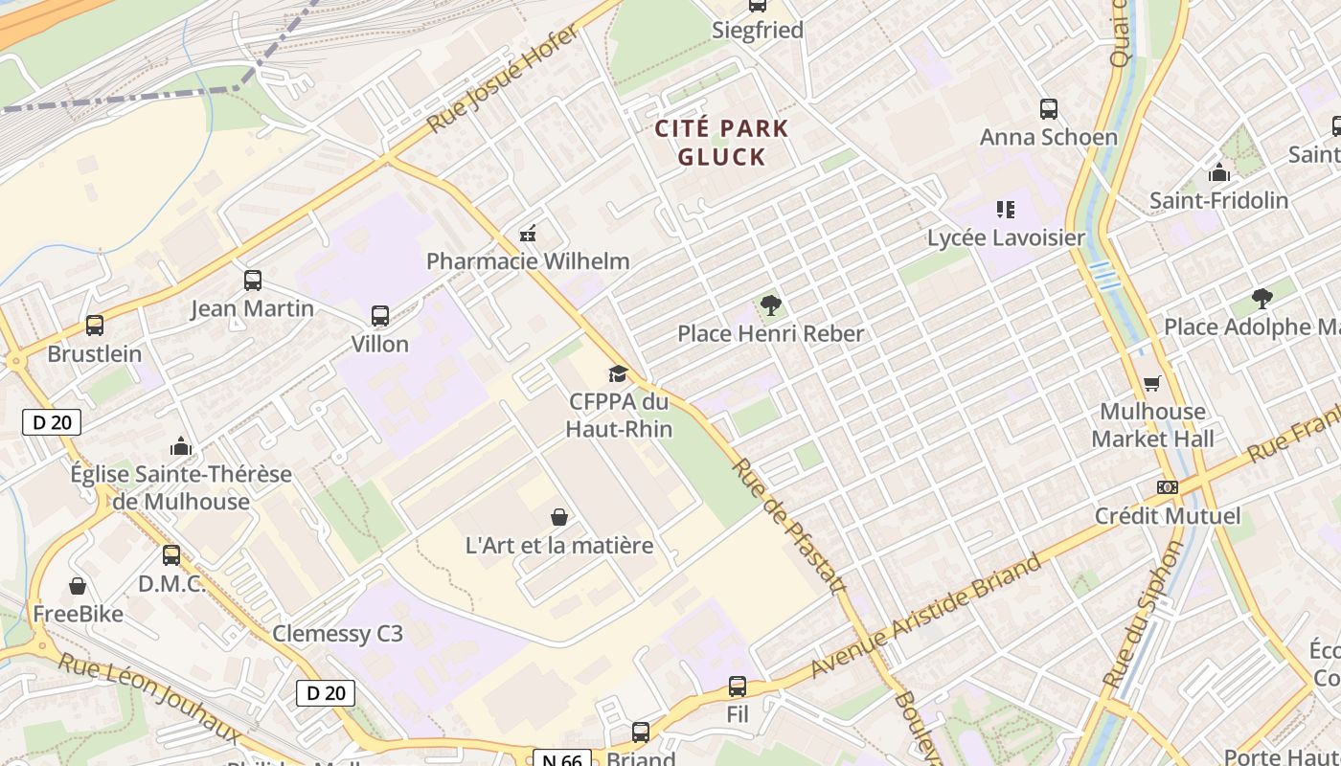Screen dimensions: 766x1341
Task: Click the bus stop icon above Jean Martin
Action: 253,281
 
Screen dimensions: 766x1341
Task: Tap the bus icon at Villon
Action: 380,316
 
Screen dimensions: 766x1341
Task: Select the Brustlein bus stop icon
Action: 95,326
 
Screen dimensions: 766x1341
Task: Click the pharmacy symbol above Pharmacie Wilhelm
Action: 527,233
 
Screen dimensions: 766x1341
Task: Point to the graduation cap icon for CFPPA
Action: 618,373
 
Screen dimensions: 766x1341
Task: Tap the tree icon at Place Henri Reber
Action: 770,305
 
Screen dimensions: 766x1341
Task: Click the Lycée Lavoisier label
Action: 1006,237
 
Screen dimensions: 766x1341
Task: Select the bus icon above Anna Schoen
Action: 1049,109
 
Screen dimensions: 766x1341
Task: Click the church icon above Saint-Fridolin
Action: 1218,173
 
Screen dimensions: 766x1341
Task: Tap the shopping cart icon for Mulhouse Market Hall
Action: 1152,384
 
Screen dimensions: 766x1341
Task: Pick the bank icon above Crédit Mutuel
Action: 1167,487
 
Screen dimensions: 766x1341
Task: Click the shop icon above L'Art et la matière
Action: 559,518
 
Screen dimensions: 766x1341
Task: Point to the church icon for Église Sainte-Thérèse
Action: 181,446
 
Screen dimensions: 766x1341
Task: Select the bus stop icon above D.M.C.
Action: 171,555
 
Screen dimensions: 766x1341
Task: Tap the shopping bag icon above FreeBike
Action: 78,586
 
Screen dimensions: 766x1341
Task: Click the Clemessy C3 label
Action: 337,634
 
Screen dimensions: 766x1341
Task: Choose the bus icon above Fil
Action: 738,687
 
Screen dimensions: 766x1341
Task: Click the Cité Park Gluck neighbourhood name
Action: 721,142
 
